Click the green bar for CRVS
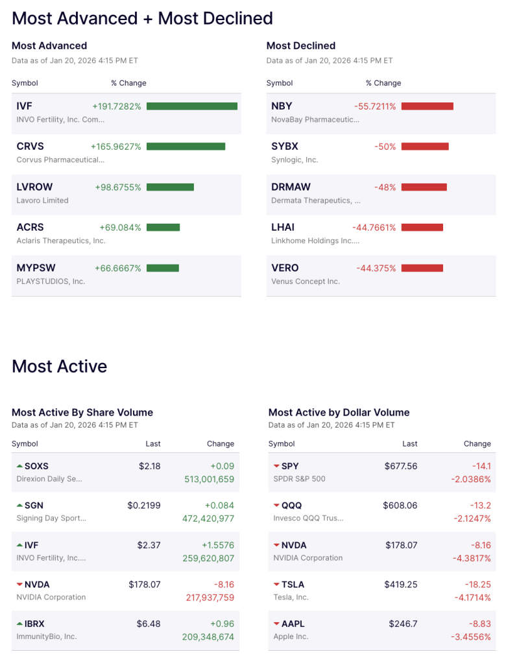click(186, 146)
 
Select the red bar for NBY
click(427, 106)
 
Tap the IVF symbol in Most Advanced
click(24, 106)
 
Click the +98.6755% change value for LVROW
click(118, 187)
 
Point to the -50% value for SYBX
click(385, 146)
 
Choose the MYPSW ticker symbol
click(36, 268)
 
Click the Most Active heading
click(59, 366)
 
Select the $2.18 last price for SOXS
click(149, 466)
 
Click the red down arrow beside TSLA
click(277, 585)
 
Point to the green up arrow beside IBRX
click(19, 624)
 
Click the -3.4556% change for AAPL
click(470, 637)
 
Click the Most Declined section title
click(301, 46)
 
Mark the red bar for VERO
click(422, 268)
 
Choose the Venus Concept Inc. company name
click(306, 281)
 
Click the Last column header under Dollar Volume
click(409, 444)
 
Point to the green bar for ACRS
click(163, 228)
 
